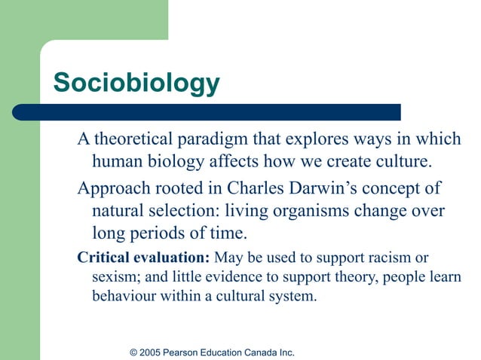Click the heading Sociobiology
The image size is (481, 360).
pos(136,83)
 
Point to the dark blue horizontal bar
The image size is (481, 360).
pos(226,112)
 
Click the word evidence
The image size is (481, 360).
pos(231,276)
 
